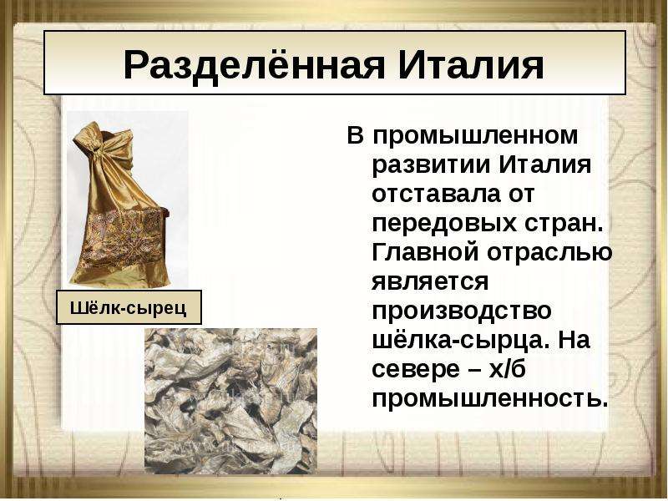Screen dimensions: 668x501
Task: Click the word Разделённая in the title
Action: tap(255, 65)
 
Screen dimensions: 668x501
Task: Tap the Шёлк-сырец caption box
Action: tap(129, 307)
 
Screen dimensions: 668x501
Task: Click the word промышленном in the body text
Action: tap(475, 136)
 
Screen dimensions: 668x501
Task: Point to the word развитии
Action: tap(432, 164)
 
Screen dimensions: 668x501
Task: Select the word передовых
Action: tap(444, 223)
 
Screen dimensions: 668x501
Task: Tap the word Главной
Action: tap(425, 252)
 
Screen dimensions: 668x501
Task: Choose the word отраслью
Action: tap(549, 253)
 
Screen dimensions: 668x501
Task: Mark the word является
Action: tap(430, 282)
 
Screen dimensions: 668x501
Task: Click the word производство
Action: tap(462, 311)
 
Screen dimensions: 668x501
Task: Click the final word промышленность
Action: tap(489, 399)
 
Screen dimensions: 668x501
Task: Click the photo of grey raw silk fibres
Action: tap(231, 402)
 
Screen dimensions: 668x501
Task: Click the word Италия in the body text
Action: tap(545, 164)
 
